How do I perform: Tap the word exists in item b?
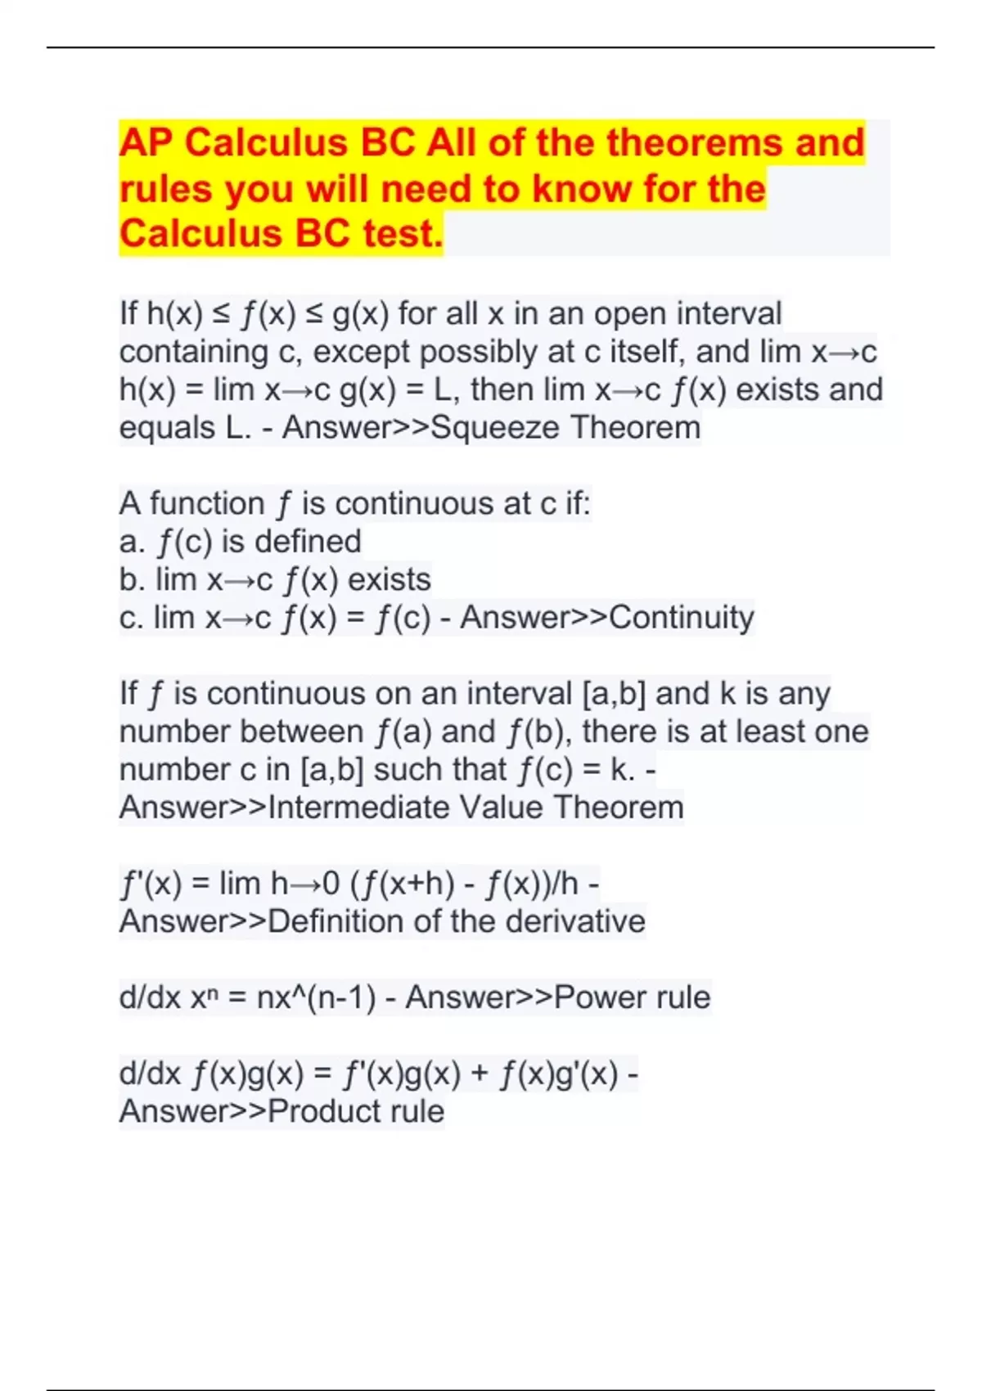point(389,579)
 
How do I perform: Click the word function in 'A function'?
point(207,503)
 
